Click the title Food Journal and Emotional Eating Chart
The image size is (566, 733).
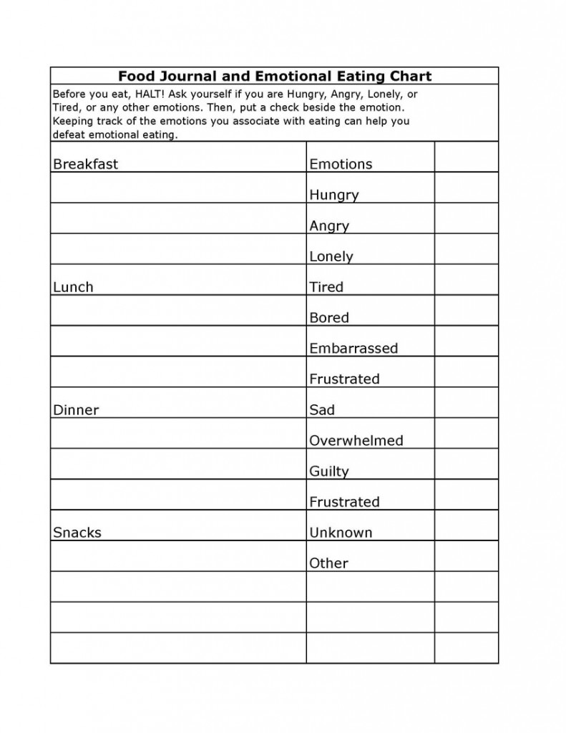(274, 76)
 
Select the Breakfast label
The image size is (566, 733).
(85, 164)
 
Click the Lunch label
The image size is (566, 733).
(73, 287)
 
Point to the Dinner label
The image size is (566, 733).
(76, 410)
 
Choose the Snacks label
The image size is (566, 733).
(77, 533)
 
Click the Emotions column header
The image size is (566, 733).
(341, 164)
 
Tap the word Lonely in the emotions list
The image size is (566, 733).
(331, 256)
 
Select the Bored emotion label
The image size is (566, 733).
(329, 318)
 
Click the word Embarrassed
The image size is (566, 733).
(353, 349)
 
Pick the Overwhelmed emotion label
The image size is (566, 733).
(356, 441)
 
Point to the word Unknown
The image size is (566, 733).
(341, 533)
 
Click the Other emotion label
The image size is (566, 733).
(328, 563)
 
